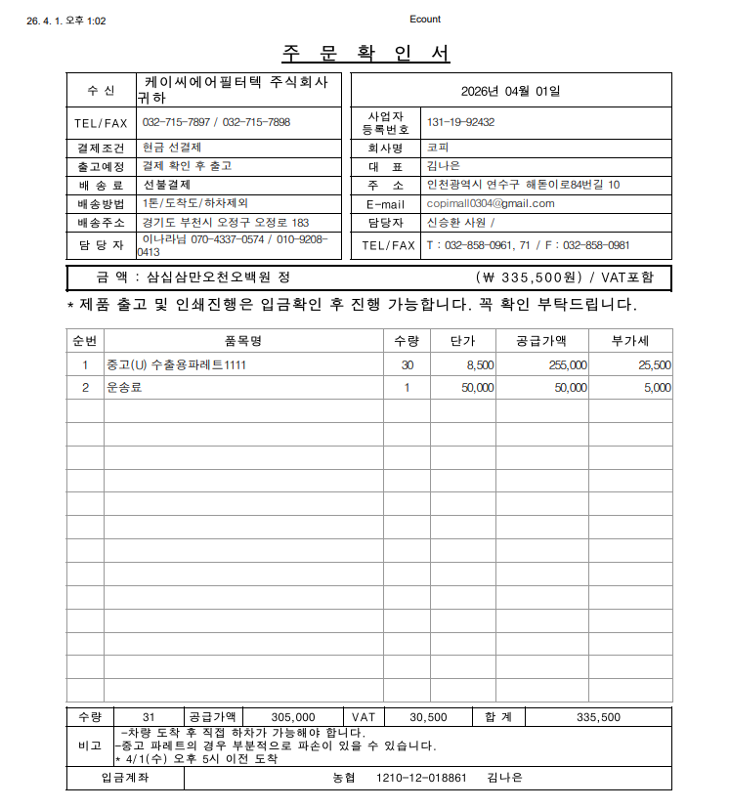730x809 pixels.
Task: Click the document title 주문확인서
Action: pyautogui.click(x=365, y=53)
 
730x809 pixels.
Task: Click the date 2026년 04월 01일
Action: pyautogui.click(x=511, y=91)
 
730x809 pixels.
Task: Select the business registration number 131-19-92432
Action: pyautogui.click(x=460, y=122)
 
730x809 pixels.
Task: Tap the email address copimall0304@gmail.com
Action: pyautogui.click(x=491, y=203)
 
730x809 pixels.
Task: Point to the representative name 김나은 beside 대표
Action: pyautogui.click(x=443, y=166)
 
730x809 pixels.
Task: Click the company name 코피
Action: pyautogui.click(x=437, y=148)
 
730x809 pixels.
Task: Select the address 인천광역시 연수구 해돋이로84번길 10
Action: pyautogui.click(x=523, y=185)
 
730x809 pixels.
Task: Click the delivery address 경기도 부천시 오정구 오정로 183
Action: pyautogui.click(x=226, y=222)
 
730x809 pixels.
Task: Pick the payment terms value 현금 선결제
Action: pyautogui.click(x=172, y=147)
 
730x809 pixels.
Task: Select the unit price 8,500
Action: pyautogui.click(x=480, y=364)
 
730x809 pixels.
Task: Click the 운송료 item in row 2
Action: pyautogui.click(x=124, y=387)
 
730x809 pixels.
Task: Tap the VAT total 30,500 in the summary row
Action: pyautogui.click(x=428, y=716)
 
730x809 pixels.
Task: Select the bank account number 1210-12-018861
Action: pyautogui.click(x=421, y=778)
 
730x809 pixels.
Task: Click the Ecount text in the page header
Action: pyautogui.click(x=425, y=20)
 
